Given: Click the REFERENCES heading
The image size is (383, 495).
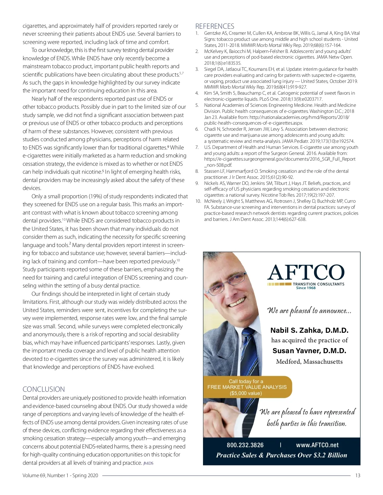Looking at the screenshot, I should (214, 26).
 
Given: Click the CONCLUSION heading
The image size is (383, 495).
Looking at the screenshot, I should (43, 389).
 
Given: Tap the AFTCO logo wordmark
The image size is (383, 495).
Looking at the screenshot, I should (306, 273).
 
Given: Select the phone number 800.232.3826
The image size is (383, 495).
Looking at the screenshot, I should (245, 445).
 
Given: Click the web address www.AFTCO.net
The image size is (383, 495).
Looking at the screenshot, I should (317, 445).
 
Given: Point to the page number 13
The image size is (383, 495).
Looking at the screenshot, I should (357, 475).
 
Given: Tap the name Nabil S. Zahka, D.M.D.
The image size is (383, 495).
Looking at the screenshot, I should (309, 330).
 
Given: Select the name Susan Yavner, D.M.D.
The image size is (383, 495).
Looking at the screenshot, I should (309, 351).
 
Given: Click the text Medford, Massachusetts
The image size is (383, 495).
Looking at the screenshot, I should (309, 361).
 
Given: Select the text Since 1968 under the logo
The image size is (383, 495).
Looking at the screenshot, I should (306, 288).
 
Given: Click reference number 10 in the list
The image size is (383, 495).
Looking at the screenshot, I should (198, 201).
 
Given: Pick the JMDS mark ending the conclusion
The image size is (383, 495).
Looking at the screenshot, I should (148, 463).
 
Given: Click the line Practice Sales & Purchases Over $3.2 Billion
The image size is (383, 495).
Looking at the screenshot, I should (282, 455).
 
